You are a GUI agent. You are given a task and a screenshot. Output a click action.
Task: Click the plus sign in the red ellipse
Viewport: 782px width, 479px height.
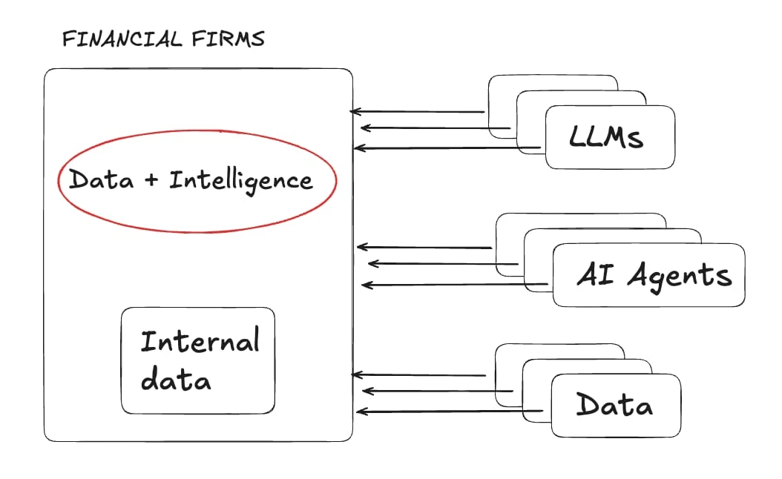pos(151,180)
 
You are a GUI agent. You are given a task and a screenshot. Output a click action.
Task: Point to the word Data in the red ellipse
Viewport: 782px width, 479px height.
pos(100,180)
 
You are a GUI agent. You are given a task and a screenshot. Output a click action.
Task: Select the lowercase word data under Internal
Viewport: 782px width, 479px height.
pos(176,380)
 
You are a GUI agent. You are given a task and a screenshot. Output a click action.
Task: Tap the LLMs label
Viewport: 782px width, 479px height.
pos(607,137)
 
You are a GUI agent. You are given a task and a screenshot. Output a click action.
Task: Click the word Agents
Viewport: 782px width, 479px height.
pos(679,275)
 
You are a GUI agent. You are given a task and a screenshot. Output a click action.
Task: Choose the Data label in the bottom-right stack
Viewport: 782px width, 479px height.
pos(614,406)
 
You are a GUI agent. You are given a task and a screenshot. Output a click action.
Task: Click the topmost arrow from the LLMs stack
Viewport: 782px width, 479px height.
pos(417,112)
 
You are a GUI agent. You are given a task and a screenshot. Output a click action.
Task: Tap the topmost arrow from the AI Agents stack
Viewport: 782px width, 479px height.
pos(425,247)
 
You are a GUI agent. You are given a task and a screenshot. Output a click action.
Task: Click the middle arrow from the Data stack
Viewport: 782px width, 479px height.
pos(437,391)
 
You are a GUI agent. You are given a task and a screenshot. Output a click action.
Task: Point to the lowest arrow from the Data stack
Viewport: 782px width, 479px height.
pos(453,412)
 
